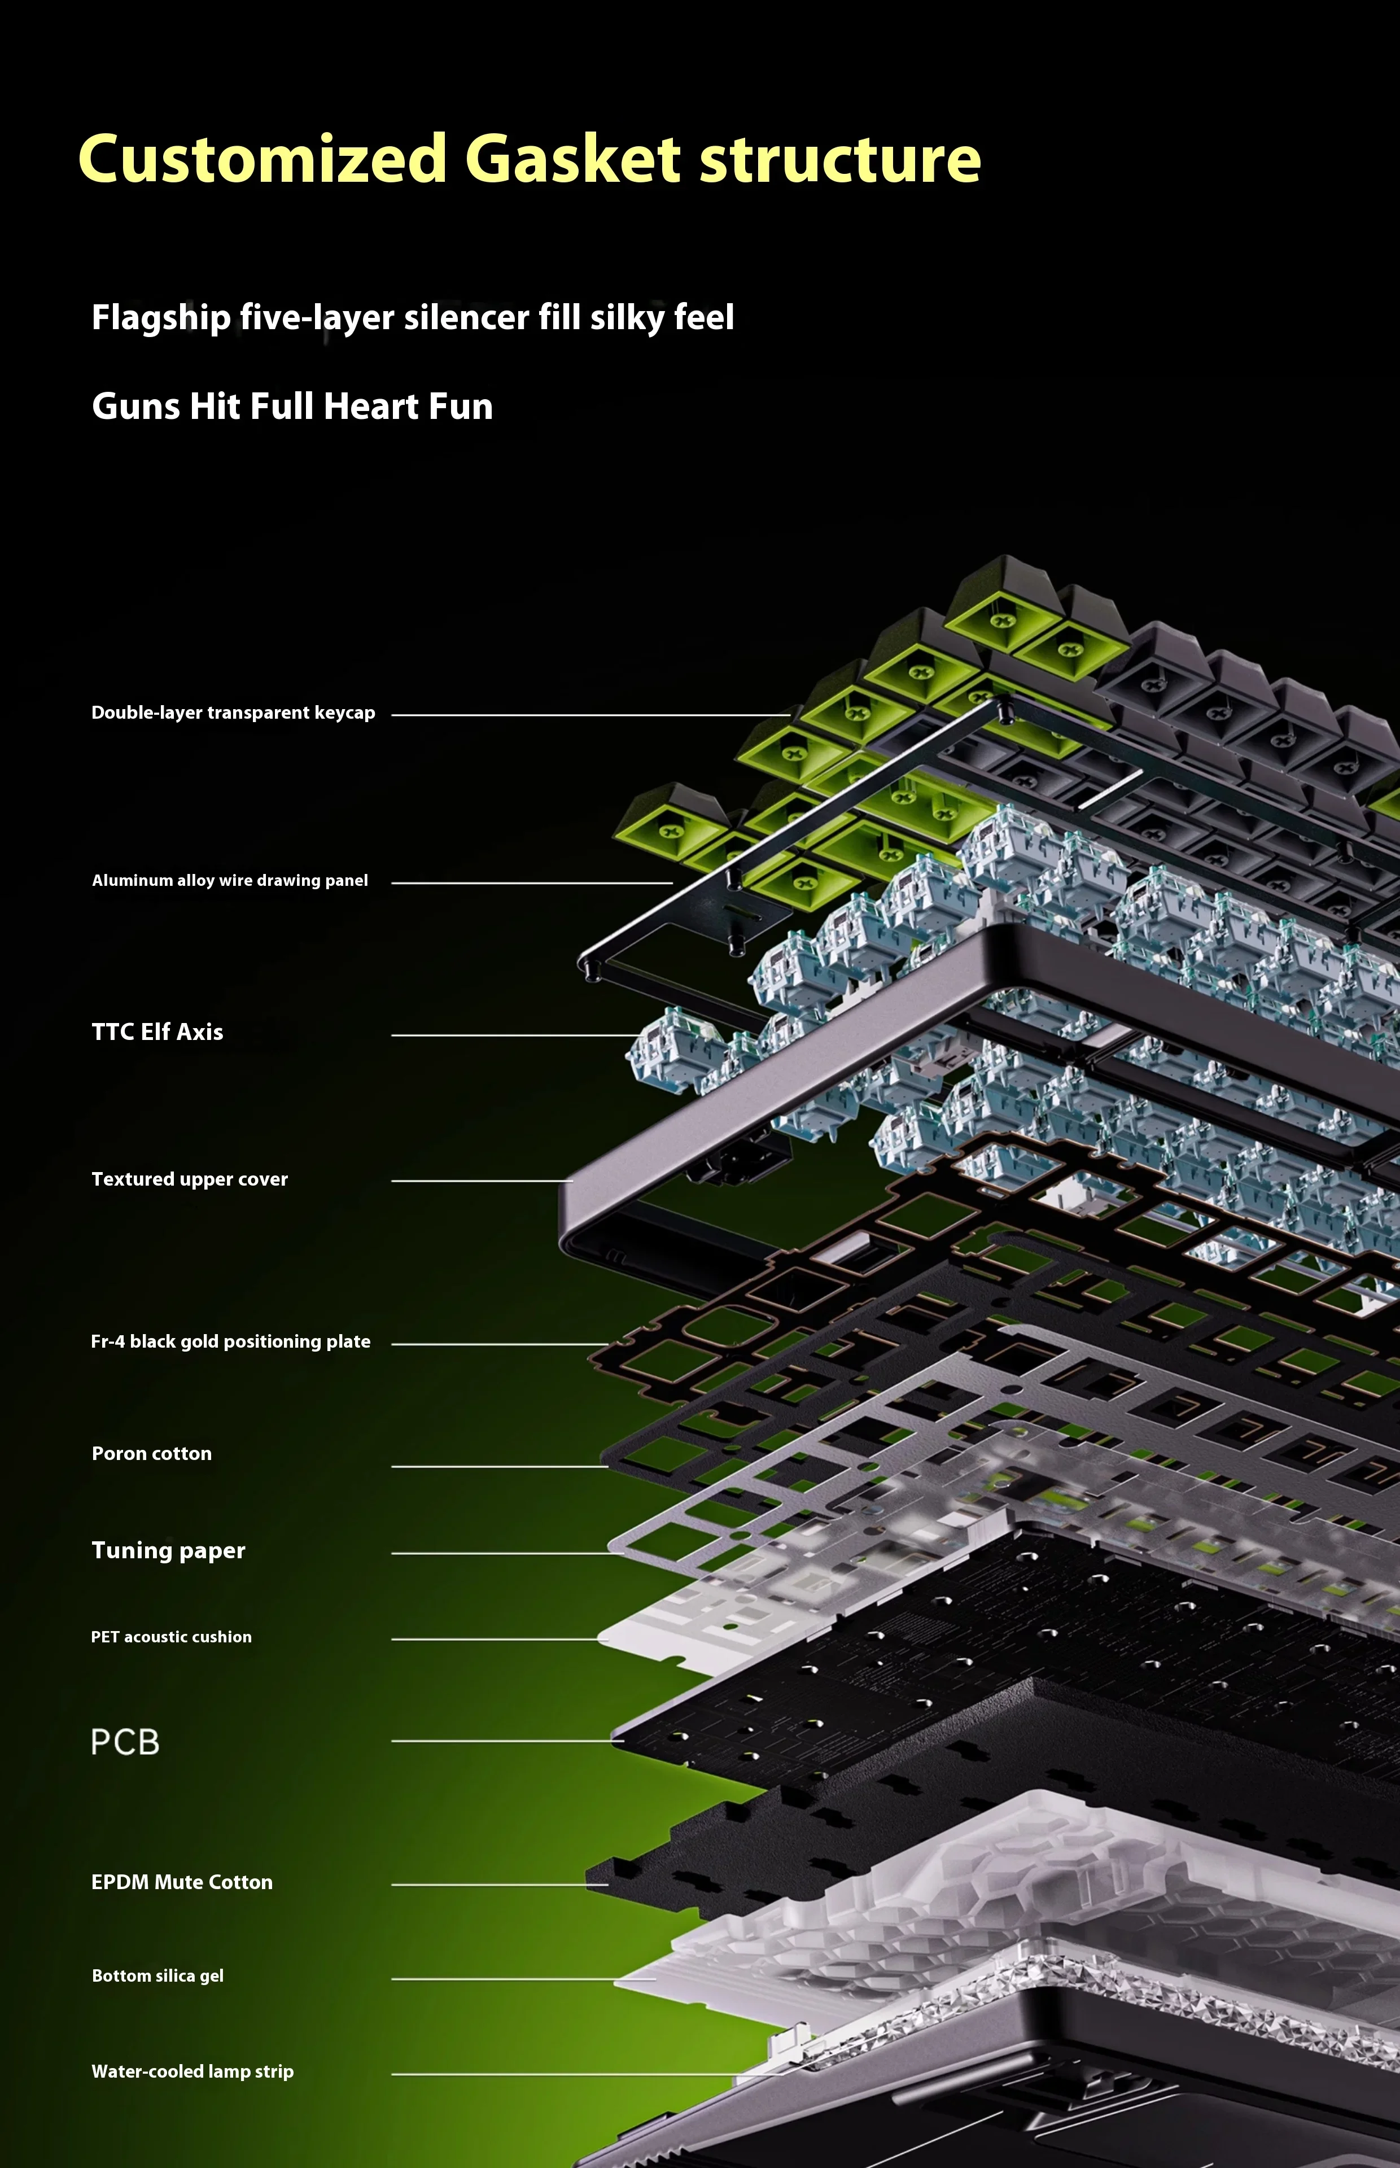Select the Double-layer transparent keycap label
tap(233, 713)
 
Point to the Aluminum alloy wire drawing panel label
tap(230, 880)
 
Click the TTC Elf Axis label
tap(158, 1031)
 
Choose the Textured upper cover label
tap(189, 1179)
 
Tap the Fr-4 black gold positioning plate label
tap(231, 1341)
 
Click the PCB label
tap(125, 1742)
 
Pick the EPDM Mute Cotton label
tap(182, 1882)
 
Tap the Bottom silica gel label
tap(158, 1975)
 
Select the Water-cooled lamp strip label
tap(193, 2071)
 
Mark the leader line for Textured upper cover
tap(482, 1181)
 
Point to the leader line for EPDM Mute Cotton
tap(500, 1885)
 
